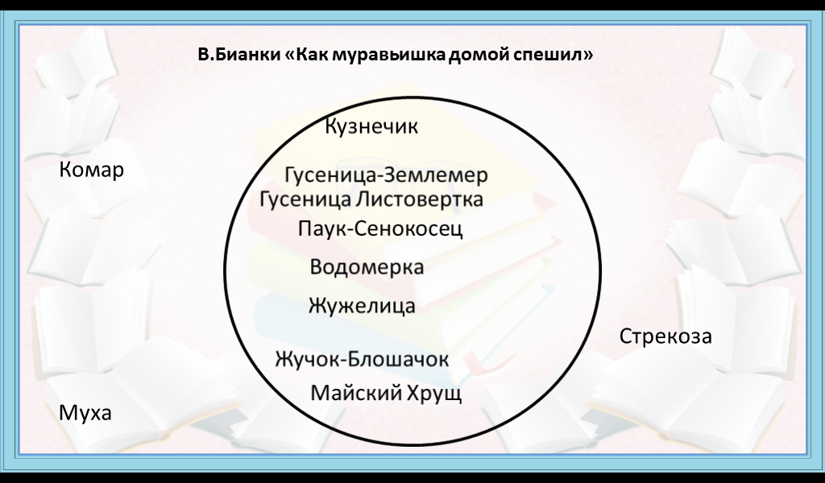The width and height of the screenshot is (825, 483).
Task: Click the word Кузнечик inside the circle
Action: [371, 126]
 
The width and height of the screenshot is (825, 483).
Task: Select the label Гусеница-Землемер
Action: [386, 175]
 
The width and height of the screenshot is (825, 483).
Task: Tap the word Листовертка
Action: [419, 199]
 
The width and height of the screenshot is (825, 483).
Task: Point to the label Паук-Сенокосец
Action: [380, 229]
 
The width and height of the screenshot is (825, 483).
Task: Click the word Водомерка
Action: [367, 267]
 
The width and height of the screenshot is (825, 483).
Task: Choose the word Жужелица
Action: [362, 306]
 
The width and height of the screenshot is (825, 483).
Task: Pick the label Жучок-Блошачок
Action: [362, 360]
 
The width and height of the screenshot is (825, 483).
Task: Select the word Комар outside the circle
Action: [92, 170]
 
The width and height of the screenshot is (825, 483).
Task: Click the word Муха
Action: [85, 413]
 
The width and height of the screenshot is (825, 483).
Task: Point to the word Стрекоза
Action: [665, 336]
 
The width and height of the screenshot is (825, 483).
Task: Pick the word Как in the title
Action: [312, 55]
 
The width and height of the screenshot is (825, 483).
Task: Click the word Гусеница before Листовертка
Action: [305, 199]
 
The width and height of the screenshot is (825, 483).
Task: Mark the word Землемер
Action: [436, 175]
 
